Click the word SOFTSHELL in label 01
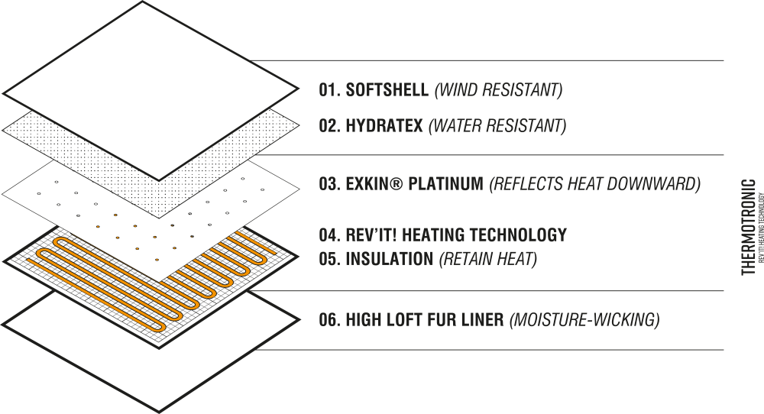387,90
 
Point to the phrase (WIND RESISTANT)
498,90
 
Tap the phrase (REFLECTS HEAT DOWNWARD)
594,184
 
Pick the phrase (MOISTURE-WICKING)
584,319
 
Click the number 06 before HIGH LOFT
329,319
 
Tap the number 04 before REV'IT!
329,234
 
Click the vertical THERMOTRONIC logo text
749,227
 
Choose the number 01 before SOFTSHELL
329,90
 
